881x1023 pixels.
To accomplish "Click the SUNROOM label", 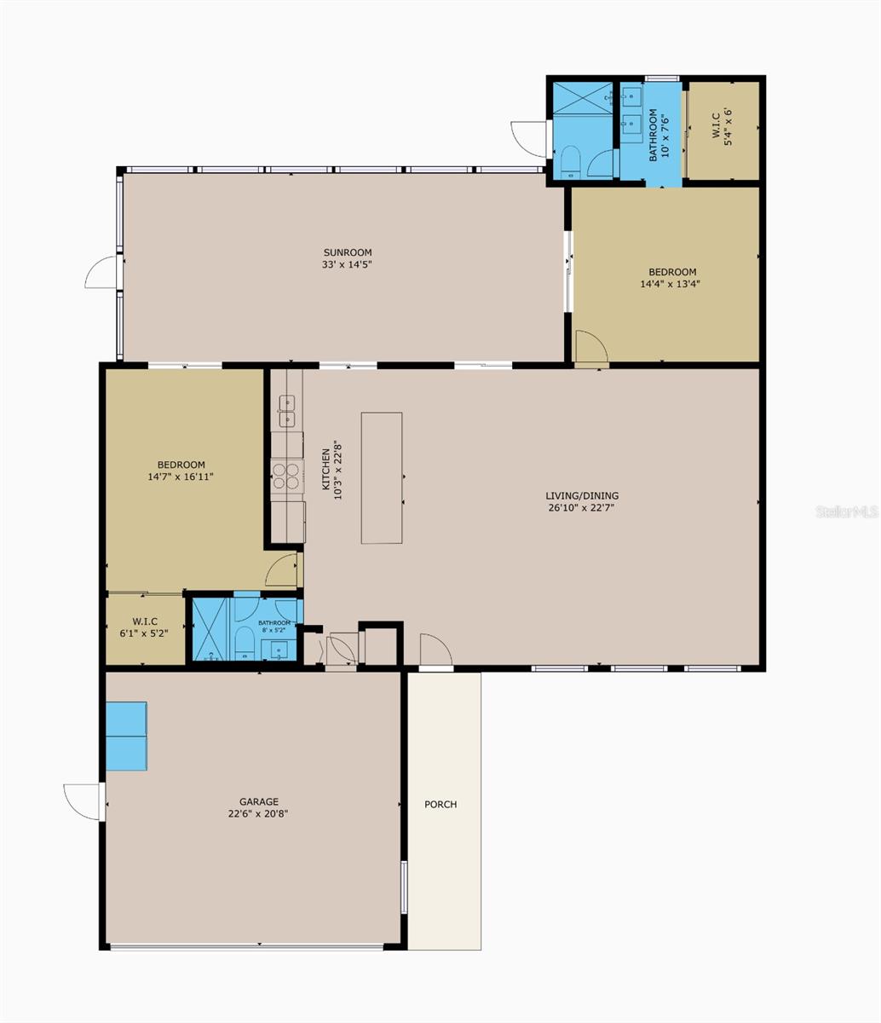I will (347, 252).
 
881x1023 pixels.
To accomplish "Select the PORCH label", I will (440, 804).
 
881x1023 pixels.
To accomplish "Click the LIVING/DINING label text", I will (582, 495).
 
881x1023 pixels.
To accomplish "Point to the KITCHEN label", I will (325, 469).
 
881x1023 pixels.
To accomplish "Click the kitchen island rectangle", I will (382, 477).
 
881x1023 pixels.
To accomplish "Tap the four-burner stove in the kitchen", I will (286, 476).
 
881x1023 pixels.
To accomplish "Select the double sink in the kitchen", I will (285, 411).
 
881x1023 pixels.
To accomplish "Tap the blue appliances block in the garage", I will (126, 736).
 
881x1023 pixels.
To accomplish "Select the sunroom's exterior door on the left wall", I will (102, 272).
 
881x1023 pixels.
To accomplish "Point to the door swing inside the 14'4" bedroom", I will (590, 347).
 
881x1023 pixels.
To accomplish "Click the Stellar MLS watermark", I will (846, 511).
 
